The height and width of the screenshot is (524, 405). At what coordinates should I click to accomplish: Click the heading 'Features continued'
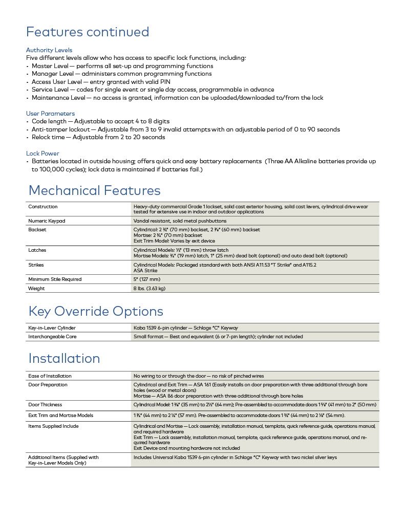(x=88, y=32)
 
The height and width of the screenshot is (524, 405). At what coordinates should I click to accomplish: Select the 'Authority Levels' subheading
(x=49, y=50)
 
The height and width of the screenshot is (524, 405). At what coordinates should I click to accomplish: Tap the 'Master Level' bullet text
(x=122, y=66)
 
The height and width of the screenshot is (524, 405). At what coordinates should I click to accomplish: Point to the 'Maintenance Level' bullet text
(x=177, y=97)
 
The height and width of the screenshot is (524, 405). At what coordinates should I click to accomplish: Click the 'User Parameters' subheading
(x=50, y=114)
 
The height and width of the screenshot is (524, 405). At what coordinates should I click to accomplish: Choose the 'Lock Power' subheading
(x=42, y=154)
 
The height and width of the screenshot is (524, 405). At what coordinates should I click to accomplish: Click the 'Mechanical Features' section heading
(x=94, y=191)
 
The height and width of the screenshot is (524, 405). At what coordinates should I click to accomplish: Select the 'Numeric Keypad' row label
(x=47, y=221)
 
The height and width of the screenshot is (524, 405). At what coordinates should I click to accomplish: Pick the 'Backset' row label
(x=37, y=230)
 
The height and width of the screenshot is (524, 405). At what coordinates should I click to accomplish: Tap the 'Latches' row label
(x=37, y=250)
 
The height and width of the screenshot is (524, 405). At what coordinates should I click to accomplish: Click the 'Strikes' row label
(x=36, y=265)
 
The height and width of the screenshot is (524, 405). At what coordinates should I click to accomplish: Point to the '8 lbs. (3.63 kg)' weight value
(x=150, y=288)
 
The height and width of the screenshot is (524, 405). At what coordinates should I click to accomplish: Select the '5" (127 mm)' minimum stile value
(x=147, y=279)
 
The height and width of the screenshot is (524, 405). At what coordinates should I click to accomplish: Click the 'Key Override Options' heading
(x=96, y=311)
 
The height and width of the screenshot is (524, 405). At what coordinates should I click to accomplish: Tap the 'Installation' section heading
(x=64, y=358)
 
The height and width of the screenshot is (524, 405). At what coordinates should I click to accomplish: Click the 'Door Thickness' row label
(x=45, y=405)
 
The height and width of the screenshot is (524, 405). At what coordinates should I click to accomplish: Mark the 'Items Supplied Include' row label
(x=53, y=426)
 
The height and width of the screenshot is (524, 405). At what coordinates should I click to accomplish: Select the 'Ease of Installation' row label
(x=50, y=376)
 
